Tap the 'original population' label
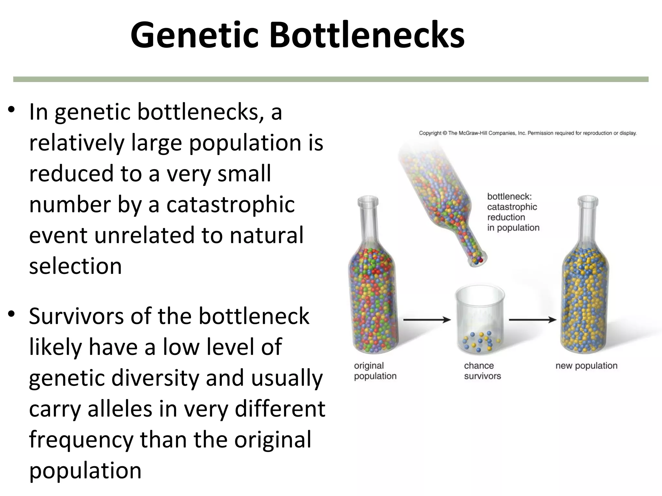click(x=375, y=371)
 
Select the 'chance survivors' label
click(x=482, y=371)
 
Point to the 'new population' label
click(x=586, y=366)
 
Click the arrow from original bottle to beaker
click(x=427, y=320)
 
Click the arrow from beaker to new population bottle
click(x=532, y=320)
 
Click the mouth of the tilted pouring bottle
click(x=477, y=260)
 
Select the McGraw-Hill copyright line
click(x=528, y=133)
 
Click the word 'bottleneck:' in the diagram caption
click(x=509, y=196)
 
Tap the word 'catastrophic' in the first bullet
click(x=230, y=205)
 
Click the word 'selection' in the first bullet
click(x=75, y=266)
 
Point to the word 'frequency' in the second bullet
click(x=81, y=440)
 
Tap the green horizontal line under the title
click(x=331, y=79)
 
